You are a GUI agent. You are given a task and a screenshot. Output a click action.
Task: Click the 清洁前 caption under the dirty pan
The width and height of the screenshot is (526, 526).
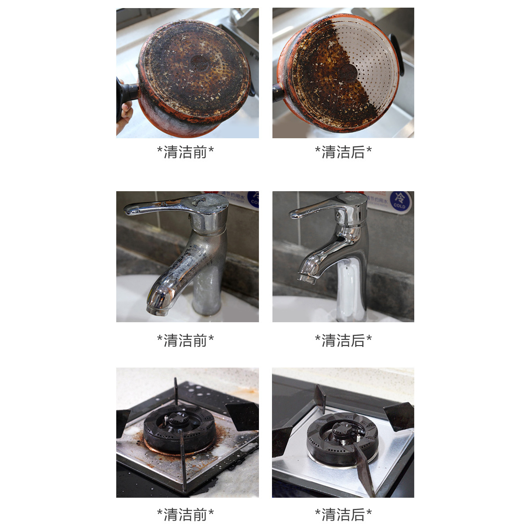[185, 152]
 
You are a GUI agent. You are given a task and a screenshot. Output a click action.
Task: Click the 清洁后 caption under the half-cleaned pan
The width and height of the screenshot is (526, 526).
[343, 152]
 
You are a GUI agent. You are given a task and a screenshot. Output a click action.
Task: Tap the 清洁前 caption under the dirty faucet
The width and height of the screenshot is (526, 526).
[185, 341]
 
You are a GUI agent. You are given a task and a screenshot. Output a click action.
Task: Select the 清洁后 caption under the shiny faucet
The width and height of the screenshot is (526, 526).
[343, 341]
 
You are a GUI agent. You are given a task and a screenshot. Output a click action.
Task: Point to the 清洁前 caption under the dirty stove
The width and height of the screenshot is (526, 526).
[185, 514]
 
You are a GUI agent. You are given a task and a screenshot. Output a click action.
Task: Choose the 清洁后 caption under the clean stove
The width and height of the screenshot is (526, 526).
[343, 514]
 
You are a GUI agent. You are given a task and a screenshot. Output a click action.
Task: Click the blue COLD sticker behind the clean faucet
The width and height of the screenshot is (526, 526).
[399, 200]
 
